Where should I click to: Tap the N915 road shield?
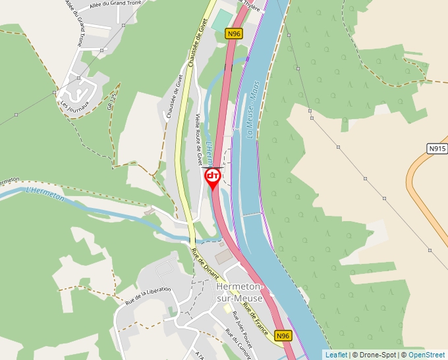click(x=437, y=149)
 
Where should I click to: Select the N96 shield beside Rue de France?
click(x=283, y=336)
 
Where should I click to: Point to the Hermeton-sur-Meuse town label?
click(x=240, y=293)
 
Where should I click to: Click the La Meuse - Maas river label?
click(x=254, y=109)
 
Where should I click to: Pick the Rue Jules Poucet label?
click(x=240, y=324)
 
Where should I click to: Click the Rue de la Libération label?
click(x=148, y=296)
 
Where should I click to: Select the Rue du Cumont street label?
click(x=238, y=343)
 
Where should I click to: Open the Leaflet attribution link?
click(x=336, y=355)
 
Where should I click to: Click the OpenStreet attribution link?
click(x=426, y=355)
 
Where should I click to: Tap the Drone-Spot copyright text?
click(x=375, y=355)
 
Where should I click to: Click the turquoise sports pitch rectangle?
click(x=223, y=19)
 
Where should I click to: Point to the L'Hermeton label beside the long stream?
click(x=45, y=194)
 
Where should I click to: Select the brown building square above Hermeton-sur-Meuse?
click(x=225, y=256)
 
